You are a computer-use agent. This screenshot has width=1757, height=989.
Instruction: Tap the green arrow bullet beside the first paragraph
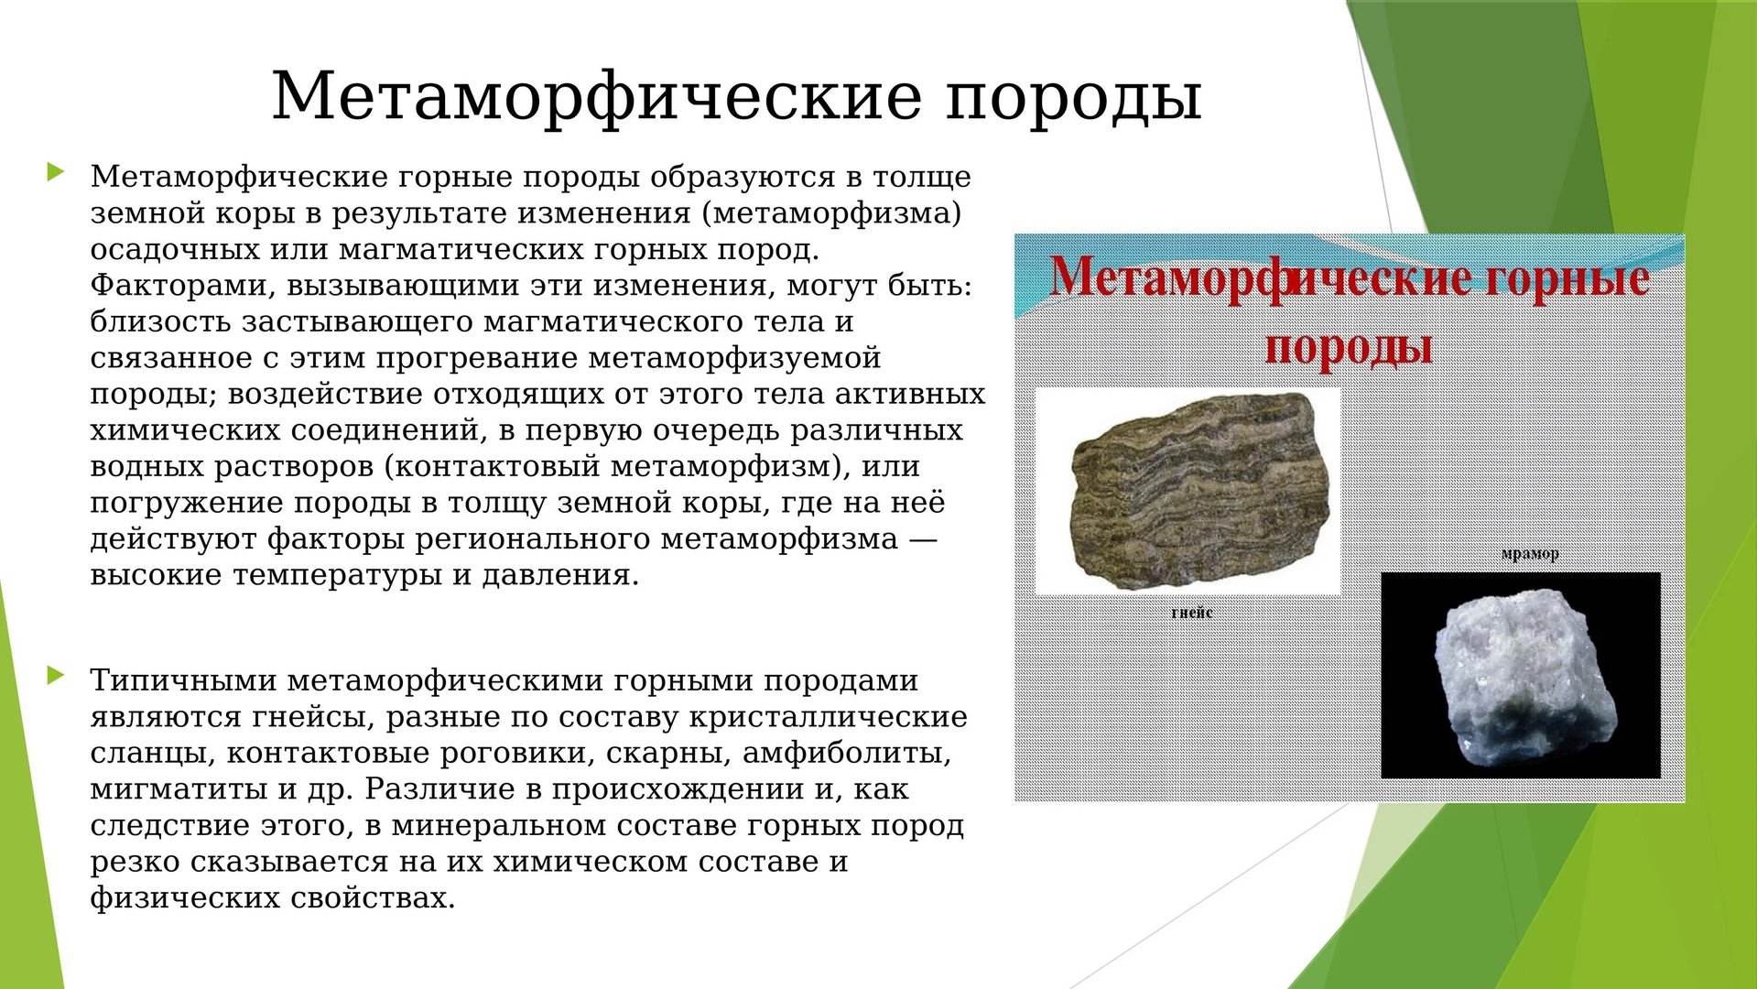[56, 171]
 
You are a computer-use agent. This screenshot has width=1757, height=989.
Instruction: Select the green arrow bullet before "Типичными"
[56, 676]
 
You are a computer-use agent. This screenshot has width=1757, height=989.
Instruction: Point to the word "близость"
[160, 321]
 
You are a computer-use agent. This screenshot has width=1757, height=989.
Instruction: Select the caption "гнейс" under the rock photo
[1191, 612]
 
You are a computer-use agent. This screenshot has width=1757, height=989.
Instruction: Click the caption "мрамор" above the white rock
[1530, 553]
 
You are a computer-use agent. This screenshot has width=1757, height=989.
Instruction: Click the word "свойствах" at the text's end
[373, 898]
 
